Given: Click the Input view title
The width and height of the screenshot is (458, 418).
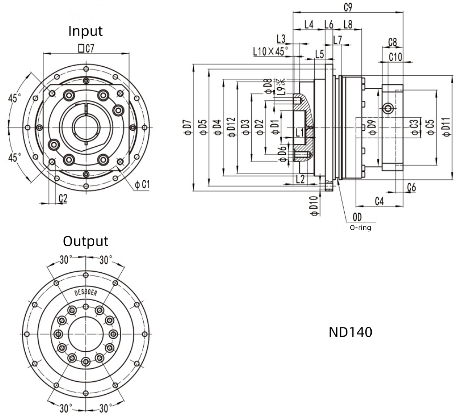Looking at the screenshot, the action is [x=85, y=31].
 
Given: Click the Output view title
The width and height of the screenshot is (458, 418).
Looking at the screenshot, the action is [x=85, y=241].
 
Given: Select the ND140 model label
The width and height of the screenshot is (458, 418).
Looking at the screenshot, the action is [x=350, y=332].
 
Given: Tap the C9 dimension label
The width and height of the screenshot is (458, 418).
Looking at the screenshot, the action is [x=348, y=7].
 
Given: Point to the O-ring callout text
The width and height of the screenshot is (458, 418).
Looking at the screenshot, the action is [x=361, y=227].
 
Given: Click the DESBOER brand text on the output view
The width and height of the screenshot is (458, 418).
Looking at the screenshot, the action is [x=85, y=292].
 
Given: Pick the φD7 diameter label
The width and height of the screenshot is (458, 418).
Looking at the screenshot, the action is [x=188, y=127].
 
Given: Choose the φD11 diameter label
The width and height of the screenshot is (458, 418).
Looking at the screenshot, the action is [x=446, y=127].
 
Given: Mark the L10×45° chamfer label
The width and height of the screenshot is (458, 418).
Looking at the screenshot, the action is [x=271, y=51].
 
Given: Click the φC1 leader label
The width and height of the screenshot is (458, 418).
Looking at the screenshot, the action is [x=142, y=184].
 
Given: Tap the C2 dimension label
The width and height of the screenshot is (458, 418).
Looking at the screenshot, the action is [x=63, y=198].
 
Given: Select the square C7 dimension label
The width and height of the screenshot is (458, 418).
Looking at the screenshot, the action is [x=86, y=48].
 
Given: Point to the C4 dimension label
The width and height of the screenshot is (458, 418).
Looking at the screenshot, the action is [x=379, y=201].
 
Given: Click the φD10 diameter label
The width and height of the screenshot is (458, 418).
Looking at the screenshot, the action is [x=314, y=206].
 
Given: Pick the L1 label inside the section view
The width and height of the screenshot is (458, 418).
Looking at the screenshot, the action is [x=300, y=133].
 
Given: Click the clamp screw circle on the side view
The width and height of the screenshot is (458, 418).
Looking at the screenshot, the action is [x=388, y=109].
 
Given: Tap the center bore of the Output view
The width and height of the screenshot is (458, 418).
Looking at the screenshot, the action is [x=85, y=334].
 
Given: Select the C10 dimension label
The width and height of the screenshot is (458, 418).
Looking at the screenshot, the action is [x=396, y=57].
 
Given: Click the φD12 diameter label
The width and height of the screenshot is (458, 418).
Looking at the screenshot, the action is [x=232, y=128].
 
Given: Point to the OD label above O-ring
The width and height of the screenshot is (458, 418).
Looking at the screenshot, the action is [x=357, y=217].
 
